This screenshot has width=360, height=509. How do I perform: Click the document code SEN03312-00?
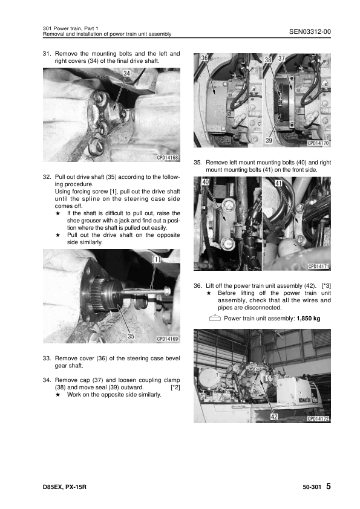click(310, 31)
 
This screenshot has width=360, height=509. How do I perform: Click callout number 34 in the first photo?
click(126, 73)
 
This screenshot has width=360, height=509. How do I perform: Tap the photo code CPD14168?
click(168, 158)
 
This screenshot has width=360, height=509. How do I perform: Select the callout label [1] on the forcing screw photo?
click(157, 259)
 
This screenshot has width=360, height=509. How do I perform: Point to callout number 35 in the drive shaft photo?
click(131, 336)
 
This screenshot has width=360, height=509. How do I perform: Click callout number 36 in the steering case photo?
click(204, 58)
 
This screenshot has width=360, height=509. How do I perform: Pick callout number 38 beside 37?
click(268, 59)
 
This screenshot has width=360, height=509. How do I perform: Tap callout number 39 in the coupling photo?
click(269, 141)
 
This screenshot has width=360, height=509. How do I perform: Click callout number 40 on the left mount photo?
click(205, 183)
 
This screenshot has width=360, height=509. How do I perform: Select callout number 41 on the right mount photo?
click(278, 183)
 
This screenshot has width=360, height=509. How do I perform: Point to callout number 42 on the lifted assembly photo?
click(274, 417)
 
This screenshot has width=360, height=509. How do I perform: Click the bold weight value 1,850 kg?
click(309, 319)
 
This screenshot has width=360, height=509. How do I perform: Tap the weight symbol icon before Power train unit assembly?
click(215, 318)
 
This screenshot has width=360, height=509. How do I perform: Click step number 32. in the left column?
click(47, 177)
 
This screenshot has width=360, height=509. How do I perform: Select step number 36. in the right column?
click(198, 286)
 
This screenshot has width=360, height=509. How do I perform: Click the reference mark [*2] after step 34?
click(175, 387)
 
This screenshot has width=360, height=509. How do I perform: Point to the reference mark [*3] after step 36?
click(326, 286)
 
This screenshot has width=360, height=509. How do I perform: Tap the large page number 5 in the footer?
click(329, 486)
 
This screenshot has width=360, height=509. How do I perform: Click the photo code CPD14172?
click(318, 419)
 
